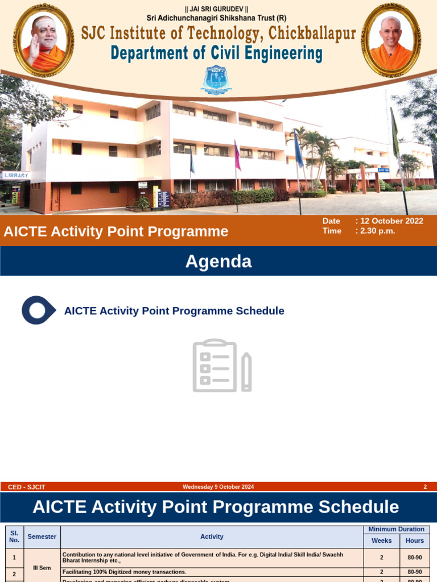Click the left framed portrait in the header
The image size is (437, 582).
[x=43, y=39]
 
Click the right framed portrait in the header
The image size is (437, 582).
[x=391, y=39]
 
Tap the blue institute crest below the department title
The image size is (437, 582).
[x=216, y=80]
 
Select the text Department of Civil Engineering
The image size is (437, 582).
[x=216, y=53]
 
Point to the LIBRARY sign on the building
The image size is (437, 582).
[x=15, y=176]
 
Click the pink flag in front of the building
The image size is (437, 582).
[x=237, y=156]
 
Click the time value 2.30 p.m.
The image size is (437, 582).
[x=377, y=231]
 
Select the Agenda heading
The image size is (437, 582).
[x=218, y=261]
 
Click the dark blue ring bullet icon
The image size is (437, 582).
[x=38, y=310]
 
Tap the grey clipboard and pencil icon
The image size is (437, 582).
[x=221, y=365]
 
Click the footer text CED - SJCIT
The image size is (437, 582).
[x=26, y=487]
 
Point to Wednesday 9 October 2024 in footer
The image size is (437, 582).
[x=218, y=487]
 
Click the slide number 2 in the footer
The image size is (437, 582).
[x=425, y=487]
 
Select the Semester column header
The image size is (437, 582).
[x=42, y=537]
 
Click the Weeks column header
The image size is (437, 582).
[x=381, y=541]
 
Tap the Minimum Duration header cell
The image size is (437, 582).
[x=397, y=529]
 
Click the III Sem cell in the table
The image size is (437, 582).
[x=42, y=568]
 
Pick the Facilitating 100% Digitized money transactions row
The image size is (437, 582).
[x=124, y=572]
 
